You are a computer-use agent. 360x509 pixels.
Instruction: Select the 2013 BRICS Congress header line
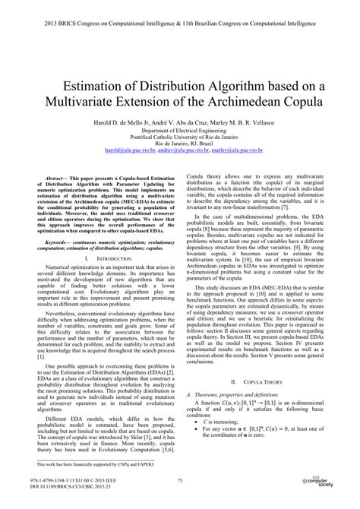(180, 11)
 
